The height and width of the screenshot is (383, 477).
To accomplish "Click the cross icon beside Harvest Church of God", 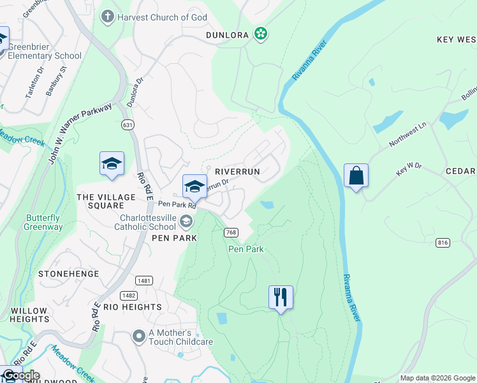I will point(108,17).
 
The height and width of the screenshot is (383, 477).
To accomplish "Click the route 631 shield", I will point(128,126).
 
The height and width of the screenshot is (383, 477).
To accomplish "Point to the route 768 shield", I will point(231,233).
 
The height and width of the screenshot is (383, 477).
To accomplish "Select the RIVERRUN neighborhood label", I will point(237,172).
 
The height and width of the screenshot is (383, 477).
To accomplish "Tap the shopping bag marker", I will point(355,175).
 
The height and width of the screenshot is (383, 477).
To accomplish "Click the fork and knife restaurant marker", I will point(281,297).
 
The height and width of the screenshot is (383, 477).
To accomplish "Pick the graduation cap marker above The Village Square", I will point(112,163).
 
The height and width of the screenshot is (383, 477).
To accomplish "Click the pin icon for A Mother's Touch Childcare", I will point(138,335).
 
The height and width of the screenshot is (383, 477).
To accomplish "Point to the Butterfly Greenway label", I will point(43,222).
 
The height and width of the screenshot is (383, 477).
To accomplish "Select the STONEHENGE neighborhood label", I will point(69,274).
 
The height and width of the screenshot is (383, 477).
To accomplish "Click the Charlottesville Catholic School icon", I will point(186,221).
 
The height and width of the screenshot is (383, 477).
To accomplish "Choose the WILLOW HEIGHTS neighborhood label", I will point(29,315).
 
